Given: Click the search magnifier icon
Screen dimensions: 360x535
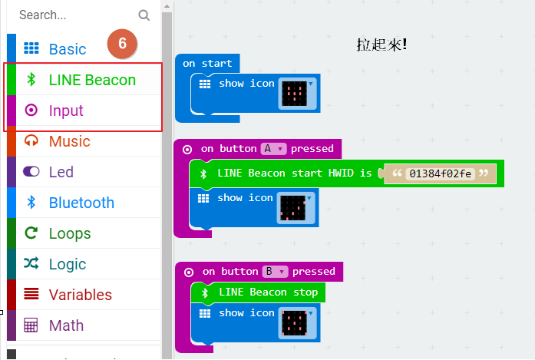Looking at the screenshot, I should coord(144,15).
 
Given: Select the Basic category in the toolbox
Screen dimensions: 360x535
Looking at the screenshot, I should coord(67,49).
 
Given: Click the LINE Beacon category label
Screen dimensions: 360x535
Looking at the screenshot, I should coord(91,80).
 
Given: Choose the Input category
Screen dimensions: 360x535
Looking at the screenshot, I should coord(65,111).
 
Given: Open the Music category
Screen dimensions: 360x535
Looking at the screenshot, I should coord(69,141).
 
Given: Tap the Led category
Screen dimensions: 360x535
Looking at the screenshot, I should coord(61,172).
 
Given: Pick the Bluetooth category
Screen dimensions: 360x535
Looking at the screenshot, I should coord(81,203).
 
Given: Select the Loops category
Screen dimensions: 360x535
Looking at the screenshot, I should coord(69,233).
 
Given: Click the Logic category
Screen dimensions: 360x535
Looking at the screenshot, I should coord(67,264).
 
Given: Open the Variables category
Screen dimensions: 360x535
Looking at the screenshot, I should coord(80,295).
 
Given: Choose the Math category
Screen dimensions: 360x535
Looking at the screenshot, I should coord(66,325).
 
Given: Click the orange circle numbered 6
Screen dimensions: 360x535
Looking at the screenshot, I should coord(122,45).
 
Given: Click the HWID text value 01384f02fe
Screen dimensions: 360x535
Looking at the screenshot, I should coord(440,174).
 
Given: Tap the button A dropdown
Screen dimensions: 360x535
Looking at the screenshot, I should coord(273,148).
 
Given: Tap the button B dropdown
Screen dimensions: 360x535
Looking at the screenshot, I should coord(275,271).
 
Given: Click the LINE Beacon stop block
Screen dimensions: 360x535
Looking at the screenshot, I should coord(268,292).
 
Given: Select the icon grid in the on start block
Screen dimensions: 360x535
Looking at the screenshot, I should coord(296,94).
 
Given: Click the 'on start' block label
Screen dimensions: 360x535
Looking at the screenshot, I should coord(200,63).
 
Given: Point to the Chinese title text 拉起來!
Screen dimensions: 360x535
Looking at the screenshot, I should coord(381,45).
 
